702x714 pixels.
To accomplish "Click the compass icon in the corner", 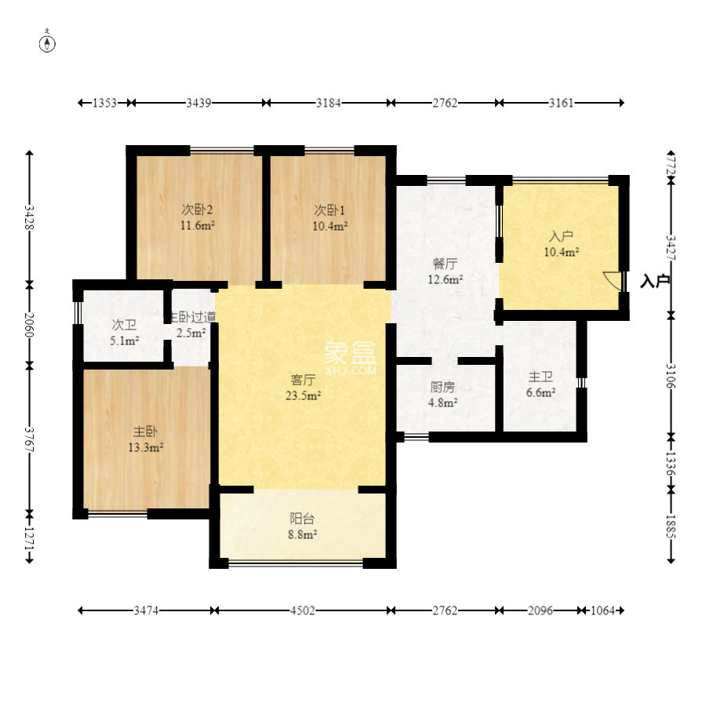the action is tap(47, 42).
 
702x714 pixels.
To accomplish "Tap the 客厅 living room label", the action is tap(304, 379).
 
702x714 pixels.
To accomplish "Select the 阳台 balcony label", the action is tap(302, 518).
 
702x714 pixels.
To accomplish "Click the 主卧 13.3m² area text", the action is tap(146, 447).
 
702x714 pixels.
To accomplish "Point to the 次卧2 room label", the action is tap(197, 209).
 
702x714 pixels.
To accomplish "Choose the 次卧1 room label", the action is tap(329, 210).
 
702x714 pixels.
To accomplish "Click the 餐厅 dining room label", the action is tap(445, 264).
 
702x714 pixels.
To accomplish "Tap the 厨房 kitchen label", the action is tap(442, 387).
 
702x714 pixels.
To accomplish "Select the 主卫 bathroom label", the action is tap(540, 377).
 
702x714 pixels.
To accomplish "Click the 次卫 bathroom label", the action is tap(124, 325).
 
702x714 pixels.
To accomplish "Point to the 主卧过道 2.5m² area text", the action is tap(191, 333).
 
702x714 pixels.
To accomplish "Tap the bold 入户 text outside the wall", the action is tap(655, 281).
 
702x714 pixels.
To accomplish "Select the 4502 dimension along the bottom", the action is tap(303, 610).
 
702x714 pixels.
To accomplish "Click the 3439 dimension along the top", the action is tap(198, 103).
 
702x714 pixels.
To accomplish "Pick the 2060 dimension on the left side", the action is tap(29, 325).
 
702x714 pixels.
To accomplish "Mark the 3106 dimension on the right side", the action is tap(671, 376).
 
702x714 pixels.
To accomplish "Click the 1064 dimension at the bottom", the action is tap(602, 610).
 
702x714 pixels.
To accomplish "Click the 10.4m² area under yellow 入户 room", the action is tap(562, 252).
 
